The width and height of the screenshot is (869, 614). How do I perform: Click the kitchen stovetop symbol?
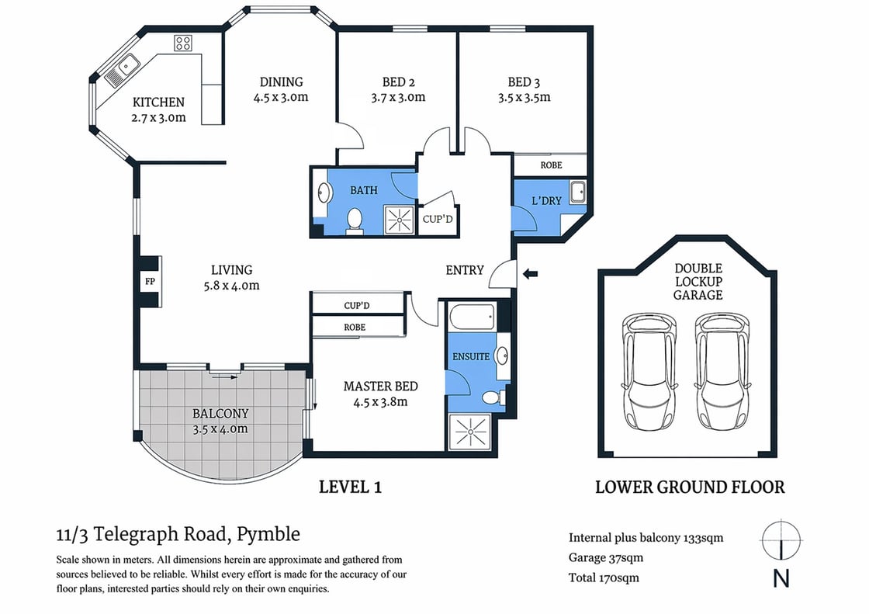coord(183,43)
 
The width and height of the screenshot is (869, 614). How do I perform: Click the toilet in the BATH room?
coord(354,220)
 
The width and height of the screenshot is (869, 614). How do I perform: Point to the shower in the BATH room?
coord(400,220)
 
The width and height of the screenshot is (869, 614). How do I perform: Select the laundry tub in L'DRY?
coord(577,193)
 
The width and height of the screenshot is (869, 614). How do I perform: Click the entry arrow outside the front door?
coord(531,273)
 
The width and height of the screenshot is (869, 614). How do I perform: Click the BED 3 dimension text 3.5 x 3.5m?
coord(525,98)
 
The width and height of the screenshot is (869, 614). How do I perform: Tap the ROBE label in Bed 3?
coord(551,165)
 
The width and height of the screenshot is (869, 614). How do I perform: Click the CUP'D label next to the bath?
coord(438,220)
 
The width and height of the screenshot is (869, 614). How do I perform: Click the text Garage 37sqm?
coord(606,557)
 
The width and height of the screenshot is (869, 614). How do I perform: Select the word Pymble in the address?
coord(268,534)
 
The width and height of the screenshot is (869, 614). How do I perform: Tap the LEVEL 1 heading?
coord(351,487)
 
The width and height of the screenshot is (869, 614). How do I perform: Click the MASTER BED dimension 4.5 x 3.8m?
coord(380,402)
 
